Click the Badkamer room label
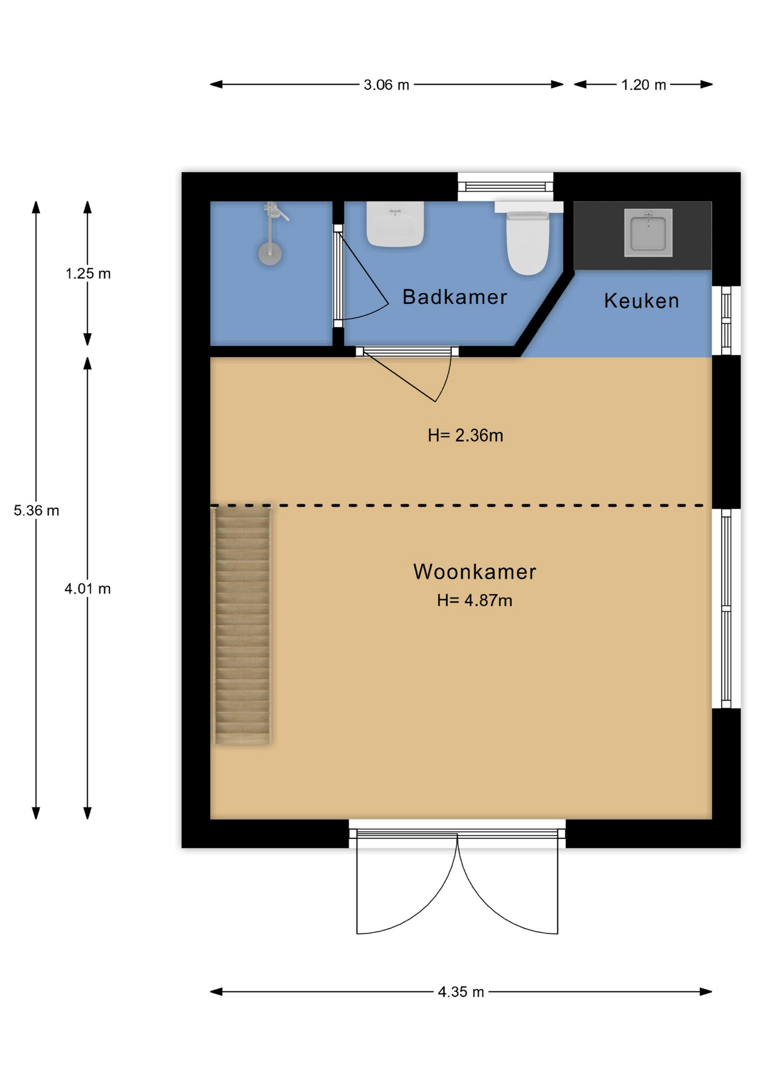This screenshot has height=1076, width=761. click(x=454, y=297)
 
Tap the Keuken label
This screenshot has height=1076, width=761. click(x=642, y=301)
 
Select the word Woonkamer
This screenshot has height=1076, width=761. click(x=475, y=572)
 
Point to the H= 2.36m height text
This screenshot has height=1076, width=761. click(x=465, y=435)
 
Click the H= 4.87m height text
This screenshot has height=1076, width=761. click(x=475, y=601)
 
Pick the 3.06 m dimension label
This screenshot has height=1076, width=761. click(x=387, y=85)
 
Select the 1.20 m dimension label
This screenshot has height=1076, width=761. click(x=643, y=85)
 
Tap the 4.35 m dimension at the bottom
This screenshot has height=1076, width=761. click(x=461, y=992)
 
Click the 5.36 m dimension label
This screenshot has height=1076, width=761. click(x=36, y=511)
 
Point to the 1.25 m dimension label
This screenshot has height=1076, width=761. click(x=88, y=273)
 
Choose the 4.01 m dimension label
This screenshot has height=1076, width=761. click(x=87, y=588)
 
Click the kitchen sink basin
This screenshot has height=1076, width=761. click(x=648, y=233)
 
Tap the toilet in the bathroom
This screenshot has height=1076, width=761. click(x=528, y=238)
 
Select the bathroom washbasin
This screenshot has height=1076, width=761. click(x=395, y=224)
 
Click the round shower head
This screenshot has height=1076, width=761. click(x=270, y=253)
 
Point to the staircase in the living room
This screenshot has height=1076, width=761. click(x=243, y=625)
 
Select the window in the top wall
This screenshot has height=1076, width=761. click(x=505, y=187)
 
